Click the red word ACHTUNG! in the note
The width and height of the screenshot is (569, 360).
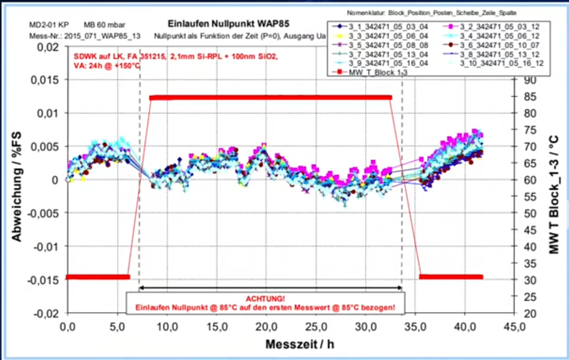coord(264,299)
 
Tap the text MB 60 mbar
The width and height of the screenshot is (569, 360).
coord(100,24)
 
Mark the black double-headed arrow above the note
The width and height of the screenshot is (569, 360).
coord(271,288)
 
